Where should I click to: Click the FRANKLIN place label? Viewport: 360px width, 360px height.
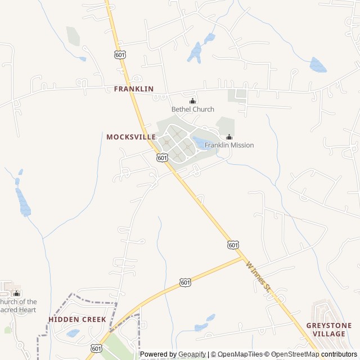point(133,89)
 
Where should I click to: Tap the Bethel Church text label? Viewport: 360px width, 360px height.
point(193,109)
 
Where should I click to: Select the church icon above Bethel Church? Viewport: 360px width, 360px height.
point(193,101)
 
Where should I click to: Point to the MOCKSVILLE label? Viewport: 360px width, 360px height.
point(131,137)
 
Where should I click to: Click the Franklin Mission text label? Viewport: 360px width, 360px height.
point(229,145)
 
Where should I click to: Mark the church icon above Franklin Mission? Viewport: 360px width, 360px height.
point(229,137)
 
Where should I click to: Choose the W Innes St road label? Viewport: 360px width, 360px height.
point(259,275)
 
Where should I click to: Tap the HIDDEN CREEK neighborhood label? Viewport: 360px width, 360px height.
point(77,319)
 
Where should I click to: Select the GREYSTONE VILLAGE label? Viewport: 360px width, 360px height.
point(329,330)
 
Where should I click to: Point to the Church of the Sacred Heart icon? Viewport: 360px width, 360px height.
point(16,293)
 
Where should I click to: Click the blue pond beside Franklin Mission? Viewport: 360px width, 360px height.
point(201,142)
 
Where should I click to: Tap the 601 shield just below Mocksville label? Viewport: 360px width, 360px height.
point(162,158)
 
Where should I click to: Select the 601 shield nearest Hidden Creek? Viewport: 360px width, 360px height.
point(97,349)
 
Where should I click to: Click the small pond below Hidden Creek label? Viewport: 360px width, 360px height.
point(73,333)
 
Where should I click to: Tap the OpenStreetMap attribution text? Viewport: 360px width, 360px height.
point(293,354)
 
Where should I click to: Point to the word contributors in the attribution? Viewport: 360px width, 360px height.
point(339,354)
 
